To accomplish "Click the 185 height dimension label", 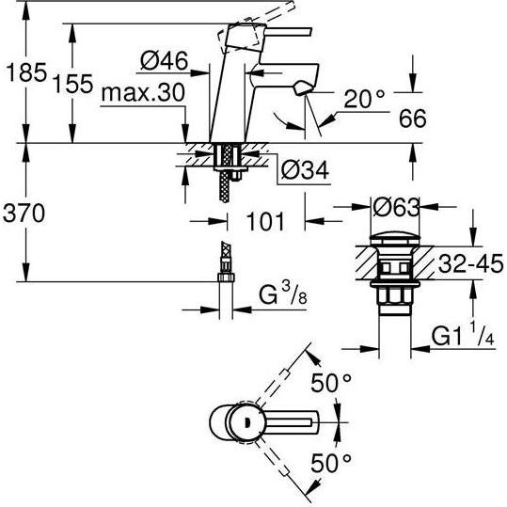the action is coord(26,72).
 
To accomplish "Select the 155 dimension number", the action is coord(73,84).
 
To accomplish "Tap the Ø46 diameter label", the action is coord(165,60).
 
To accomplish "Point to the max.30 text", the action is coord(143,93).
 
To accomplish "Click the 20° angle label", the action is coord(364,99).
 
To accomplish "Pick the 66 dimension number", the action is coord(413,119).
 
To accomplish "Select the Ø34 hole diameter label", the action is coord(305,170).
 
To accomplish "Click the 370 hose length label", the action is coord(24,214).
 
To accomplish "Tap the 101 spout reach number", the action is coord(265,222).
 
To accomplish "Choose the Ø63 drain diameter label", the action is coord(396,207).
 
